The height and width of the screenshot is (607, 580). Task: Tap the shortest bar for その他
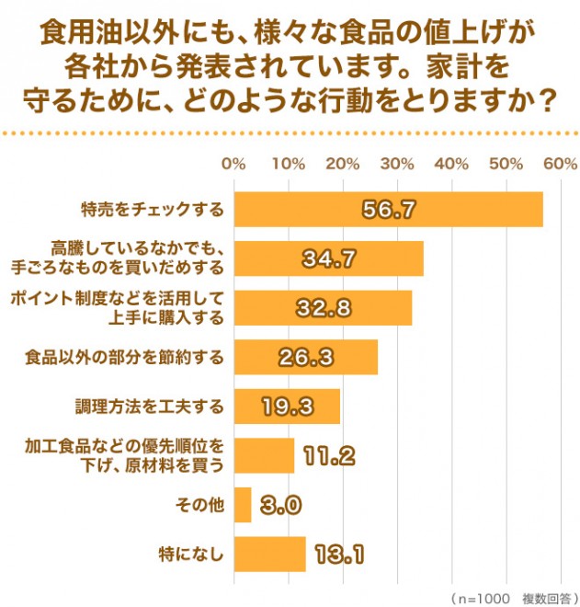tap(243, 505)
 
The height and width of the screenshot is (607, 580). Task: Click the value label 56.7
tap(389, 210)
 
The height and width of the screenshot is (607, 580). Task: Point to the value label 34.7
tap(329, 259)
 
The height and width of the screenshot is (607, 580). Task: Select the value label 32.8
tap(323, 308)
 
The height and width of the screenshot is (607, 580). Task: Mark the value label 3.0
tap(280, 505)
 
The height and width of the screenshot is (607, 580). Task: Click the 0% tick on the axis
tap(234, 165)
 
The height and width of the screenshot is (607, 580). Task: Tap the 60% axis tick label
tap(560, 165)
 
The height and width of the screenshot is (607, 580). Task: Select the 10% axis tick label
tap(289, 165)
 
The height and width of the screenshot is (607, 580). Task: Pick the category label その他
tap(199, 505)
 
